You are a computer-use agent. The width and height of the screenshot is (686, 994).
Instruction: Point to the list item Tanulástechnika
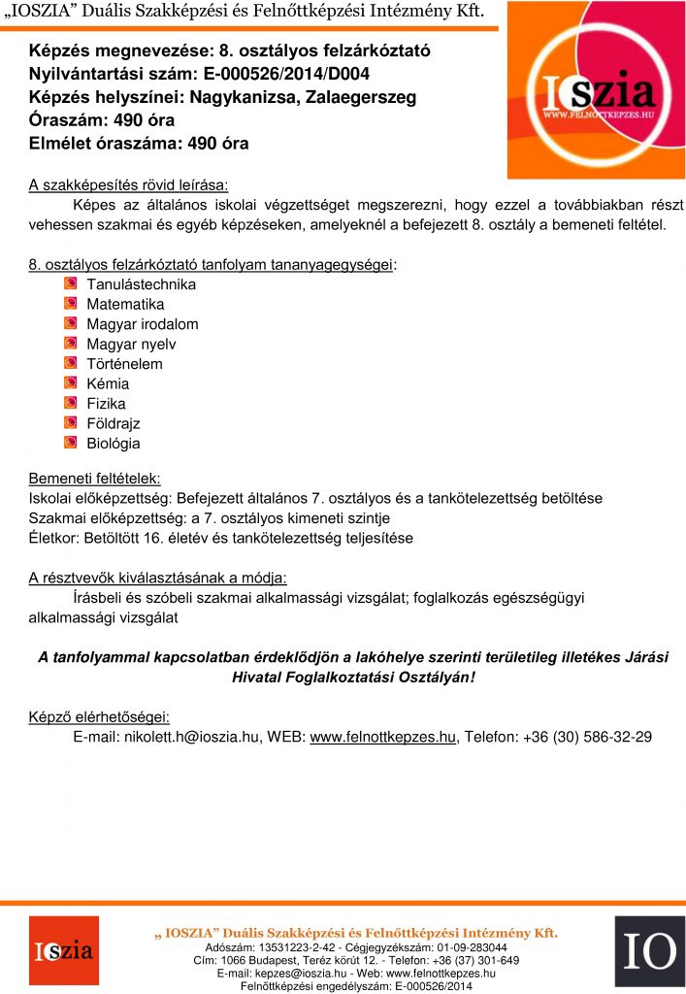click(x=141, y=284)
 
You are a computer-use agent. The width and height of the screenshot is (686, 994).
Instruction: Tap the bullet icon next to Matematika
click(x=70, y=304)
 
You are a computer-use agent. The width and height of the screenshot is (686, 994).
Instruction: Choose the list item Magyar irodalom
click(x=142, y=324)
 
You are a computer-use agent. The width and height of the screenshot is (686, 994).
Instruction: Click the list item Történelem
click(x=124, y=364)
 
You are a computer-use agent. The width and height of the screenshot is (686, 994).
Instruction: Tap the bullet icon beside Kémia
click(x=70, y=383)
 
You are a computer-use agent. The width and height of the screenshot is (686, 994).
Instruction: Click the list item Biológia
click(x=113, y=444)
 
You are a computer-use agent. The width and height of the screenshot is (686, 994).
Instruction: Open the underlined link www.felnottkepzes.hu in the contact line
click(x=382, y=737)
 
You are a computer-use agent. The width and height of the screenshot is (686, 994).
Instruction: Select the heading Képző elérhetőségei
click(x=99, y=717)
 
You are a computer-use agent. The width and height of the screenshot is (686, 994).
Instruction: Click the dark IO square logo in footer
click(x=649, y=951)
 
